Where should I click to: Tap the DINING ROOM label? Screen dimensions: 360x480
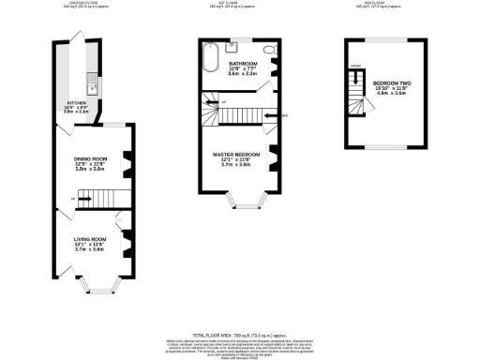[91, 159]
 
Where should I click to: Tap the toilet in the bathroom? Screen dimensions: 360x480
[269, 50]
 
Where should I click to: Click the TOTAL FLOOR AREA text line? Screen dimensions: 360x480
[239, 334]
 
